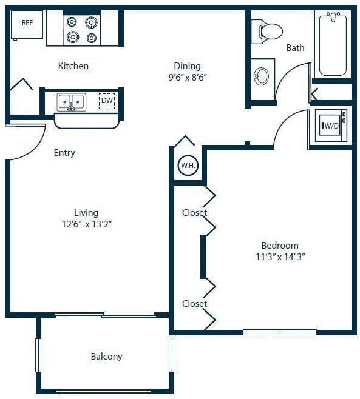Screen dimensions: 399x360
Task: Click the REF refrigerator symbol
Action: [27, 27]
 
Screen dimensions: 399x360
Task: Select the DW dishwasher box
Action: [107, 101]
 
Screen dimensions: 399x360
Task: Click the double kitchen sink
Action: [72, 102]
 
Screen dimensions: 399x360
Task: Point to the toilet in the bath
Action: [268, 30]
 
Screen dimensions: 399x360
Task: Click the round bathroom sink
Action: [262, 76]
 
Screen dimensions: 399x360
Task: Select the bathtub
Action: [333, 44]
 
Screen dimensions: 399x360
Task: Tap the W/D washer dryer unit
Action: [330, 126]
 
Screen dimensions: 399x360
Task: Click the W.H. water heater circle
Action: [186, 165]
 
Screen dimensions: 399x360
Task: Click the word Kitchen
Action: [73, 65]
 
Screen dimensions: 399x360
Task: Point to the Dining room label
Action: [187, 65]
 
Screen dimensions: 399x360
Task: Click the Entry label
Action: [64, 153]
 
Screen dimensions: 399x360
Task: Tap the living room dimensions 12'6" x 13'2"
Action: [86, 224]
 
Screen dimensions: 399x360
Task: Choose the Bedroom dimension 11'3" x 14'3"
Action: [279, 256]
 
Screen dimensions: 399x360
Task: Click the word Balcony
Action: [106, 357]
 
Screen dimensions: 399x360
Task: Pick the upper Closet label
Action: [194, 213]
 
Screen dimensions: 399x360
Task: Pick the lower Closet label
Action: [194, 303]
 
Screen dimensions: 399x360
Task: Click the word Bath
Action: [295, 47]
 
